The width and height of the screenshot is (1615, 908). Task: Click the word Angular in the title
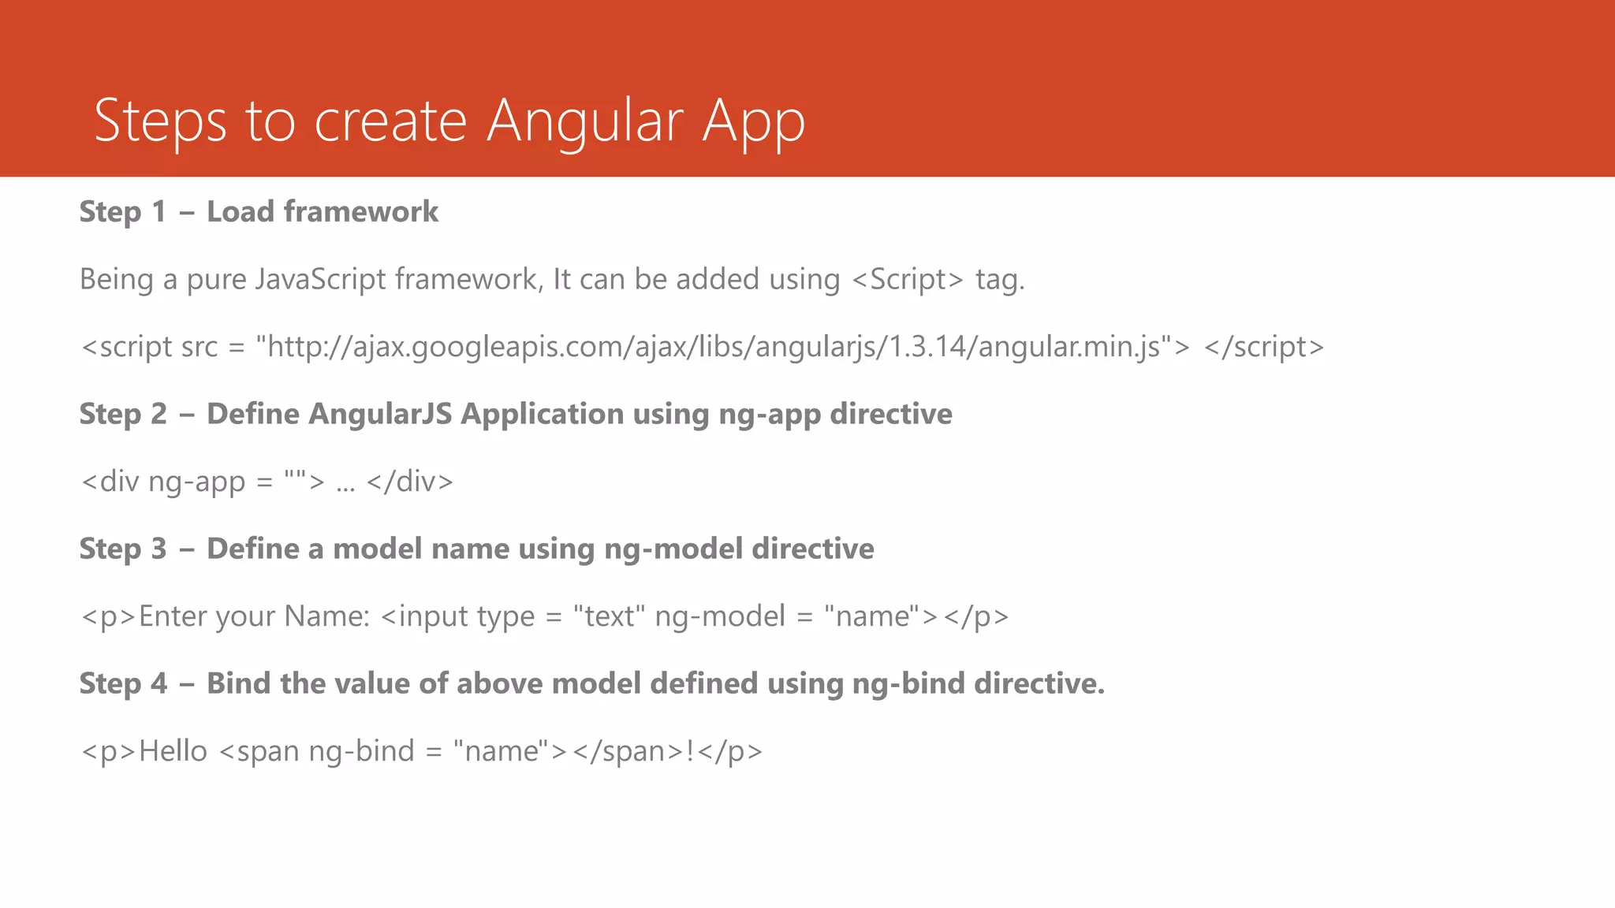click(x=584, y=121)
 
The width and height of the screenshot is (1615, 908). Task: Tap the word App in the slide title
click(x=753, y=122)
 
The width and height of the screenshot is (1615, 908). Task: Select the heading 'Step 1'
click(x=123, y=212)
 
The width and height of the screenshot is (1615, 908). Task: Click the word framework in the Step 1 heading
click(x=360, y=211)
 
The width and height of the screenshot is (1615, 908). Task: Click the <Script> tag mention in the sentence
click(x=908, y=279)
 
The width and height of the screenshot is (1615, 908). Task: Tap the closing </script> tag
click(x=1263, y=347)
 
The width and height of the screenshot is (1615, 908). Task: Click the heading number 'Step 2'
click(x=123, y=415)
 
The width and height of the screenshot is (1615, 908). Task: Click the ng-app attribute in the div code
click(x=196, y=482)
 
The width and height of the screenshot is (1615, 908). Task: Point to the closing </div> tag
click(x=410, y=482)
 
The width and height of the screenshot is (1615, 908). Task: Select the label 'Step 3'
click(x=123, y=549)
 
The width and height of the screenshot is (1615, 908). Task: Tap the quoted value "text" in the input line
click(x=609, y=616)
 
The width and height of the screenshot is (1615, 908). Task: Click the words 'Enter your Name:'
click(x=254, y=616)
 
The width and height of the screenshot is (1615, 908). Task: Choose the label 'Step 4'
click(x=123, y=684)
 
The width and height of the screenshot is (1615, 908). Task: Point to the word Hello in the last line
click(x=173, y=751)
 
